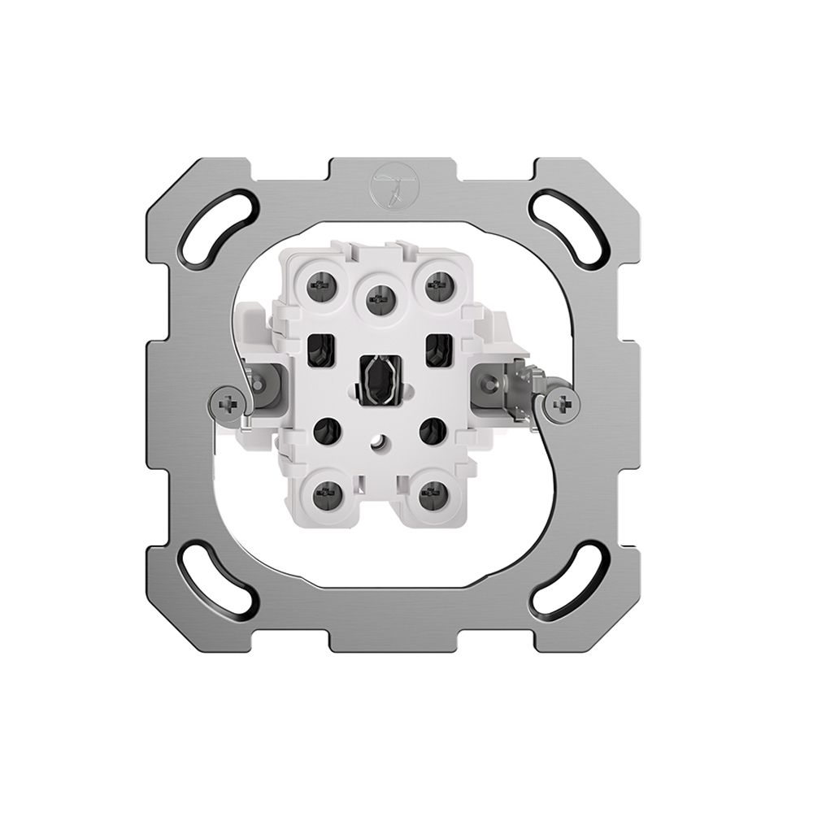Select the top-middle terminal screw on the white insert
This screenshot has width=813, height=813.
tap(376, 299)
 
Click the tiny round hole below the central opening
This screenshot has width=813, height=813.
tap(377, 445)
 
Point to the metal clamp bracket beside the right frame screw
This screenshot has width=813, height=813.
tap(520, 385)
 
